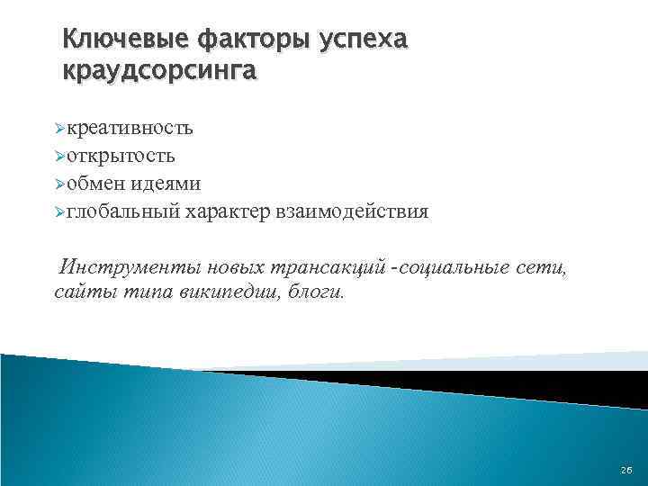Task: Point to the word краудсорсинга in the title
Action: coord(159,71)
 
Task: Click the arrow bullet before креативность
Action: coord(58,129)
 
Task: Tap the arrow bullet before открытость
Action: coord(58,157)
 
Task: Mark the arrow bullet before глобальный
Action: coord(58,212)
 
